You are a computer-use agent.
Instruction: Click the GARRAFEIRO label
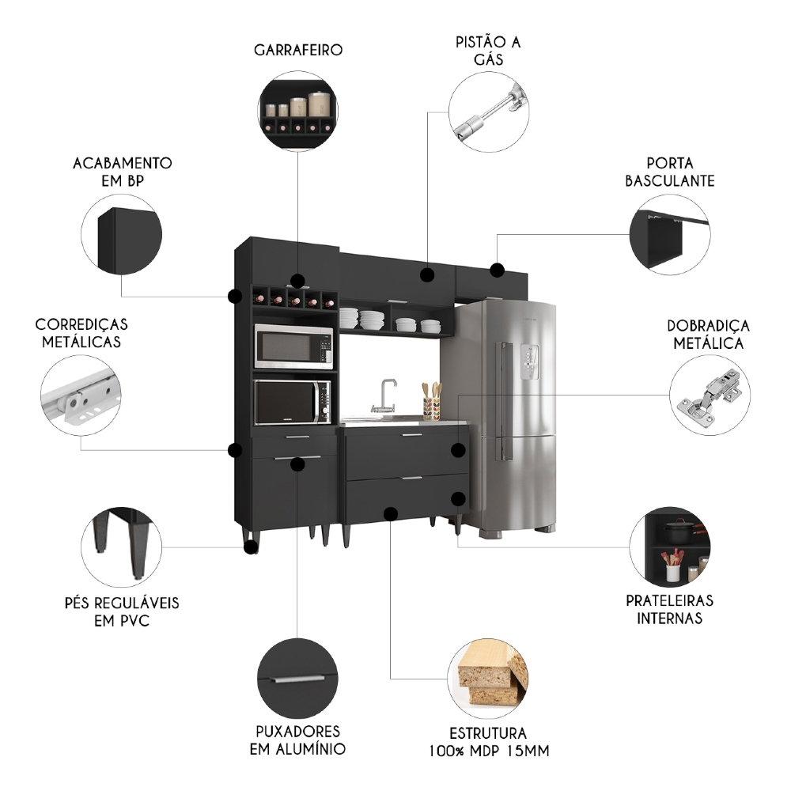(x=298, y=50)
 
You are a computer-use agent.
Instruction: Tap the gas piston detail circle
(x=489, y=112)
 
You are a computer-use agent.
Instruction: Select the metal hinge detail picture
(x=710, y=395)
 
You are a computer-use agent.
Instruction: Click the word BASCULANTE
(x=669, y=181)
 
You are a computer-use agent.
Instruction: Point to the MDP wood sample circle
(x=488, y=679)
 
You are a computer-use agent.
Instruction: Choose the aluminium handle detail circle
(x=297, y=679)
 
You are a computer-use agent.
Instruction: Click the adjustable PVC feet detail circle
(x=122, y=547)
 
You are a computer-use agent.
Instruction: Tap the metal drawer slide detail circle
(x=81, y=395)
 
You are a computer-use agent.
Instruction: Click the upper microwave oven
(x=293, y=346)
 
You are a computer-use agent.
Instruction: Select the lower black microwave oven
(x=293, y=403)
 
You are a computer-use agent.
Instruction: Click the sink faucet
(x=384, y=396)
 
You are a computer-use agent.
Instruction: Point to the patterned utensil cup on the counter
(x=431, y=409)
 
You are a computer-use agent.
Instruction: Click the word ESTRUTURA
(x=488, y=733)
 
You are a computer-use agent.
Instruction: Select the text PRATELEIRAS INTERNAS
(x=669, y=609)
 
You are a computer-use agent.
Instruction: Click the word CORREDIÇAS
(x=81, y=324)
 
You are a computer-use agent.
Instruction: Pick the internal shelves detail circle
(x=670, y=547)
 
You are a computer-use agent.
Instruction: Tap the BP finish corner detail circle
(x=122, y=235)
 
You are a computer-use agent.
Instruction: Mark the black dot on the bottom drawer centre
(x=390, y=513)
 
